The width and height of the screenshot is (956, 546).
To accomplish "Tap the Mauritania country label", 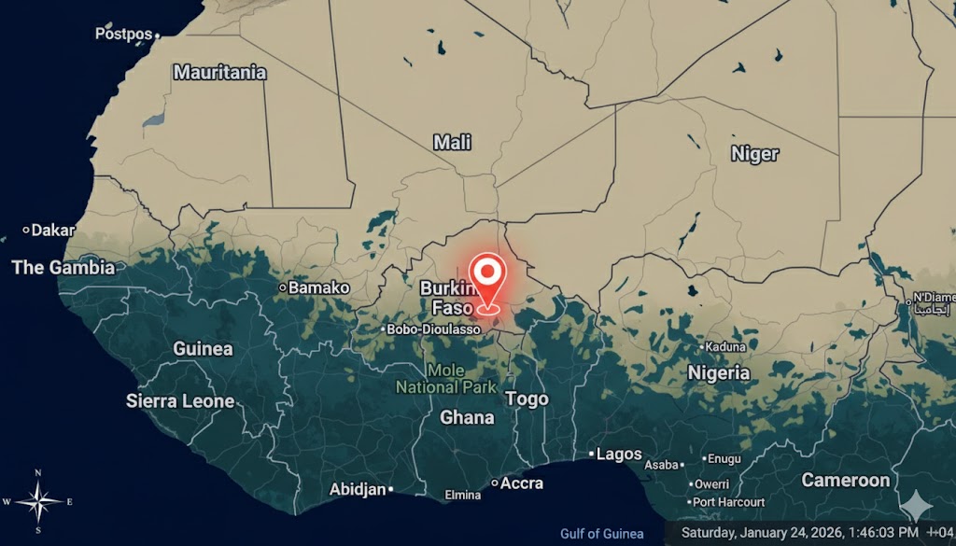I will tap(219, 72).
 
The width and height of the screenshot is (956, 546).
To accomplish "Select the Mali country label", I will tap(452, 143).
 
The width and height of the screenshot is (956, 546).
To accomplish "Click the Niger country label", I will tap(754, 154).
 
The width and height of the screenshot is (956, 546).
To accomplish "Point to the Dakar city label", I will tap(53, 230).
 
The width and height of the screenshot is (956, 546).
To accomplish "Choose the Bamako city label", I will tap(318, 287).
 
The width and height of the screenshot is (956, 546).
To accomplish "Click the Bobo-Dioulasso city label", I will tap(434, 329).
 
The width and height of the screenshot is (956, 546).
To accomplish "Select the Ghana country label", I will tap(466, 417).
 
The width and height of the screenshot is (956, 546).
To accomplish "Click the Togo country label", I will tap(527, 399).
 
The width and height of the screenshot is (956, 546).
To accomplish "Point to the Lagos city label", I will tap(618, 455).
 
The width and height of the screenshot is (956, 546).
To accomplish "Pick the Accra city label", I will tap(521, 483).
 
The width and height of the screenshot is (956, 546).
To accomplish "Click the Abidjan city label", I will tap(358, 489).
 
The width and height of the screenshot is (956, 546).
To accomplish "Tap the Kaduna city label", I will tap(725, 346).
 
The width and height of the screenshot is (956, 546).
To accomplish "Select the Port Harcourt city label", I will tap(729, 502).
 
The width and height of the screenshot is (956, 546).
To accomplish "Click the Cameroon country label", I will tap(845, 481).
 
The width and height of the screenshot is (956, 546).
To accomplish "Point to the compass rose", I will tap(38, 500).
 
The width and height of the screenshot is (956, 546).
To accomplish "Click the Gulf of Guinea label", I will tap(601, 534).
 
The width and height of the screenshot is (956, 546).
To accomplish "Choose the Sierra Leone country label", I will tap(180, 401).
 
